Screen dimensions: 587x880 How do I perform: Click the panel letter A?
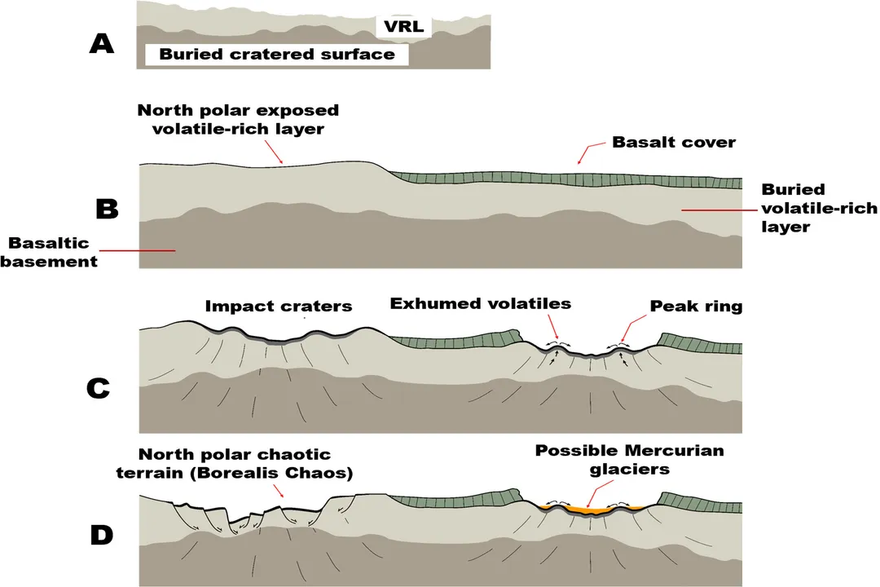click(x=101, y=42)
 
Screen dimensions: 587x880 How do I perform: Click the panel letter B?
click(x=107, y=209)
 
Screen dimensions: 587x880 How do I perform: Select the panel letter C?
click(x=98, y=388)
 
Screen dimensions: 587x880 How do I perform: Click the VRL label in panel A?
click(x=405, y=27)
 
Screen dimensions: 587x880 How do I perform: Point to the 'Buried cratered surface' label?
click(x=277, y=55)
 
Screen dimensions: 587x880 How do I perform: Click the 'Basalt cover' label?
click(x=674, y=143)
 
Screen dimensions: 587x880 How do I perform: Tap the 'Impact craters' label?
click(x=279, y=307)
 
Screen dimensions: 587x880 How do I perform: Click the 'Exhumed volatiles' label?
click(x=480, y=304)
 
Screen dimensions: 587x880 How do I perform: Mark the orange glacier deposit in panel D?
click(x=592, y=510)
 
